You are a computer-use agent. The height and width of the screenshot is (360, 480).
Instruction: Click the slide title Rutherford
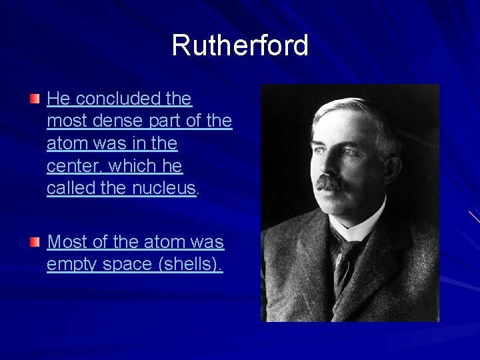click(x=240, y=46)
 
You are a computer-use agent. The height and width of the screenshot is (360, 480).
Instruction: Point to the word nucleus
click(x=163, y=189)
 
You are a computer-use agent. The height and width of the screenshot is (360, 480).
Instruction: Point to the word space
click(x=131, y=265)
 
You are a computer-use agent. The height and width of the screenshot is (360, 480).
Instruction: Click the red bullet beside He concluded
click(x=35, y=99)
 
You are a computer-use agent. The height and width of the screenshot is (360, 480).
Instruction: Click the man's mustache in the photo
click(x=331, y=182)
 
